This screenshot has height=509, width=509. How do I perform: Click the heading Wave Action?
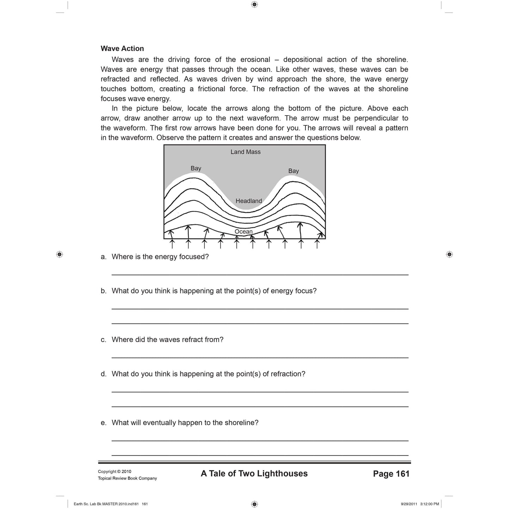click(122, 49)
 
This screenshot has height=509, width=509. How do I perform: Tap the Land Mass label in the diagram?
click(246, 152)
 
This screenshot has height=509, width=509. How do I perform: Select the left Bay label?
click(196, 168)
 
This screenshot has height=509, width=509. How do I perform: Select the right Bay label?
click(293, 171)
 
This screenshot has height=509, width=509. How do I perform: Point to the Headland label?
click(249, 201)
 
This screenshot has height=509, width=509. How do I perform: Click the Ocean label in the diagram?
click(244, 231)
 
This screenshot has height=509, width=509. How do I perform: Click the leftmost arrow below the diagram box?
click(172, 244)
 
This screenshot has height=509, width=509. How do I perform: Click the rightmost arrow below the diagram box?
click(317, 244)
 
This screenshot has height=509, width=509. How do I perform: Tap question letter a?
click(103, 257)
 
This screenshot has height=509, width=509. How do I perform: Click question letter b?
click(103, 291)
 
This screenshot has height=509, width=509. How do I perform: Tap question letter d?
click(103, 374)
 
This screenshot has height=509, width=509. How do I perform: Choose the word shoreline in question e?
click(241, 423)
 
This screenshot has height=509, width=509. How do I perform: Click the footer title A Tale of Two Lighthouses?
click(254, 474)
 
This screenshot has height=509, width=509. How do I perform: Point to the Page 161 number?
click(391, 474)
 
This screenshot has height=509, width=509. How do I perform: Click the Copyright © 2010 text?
click(114, 472)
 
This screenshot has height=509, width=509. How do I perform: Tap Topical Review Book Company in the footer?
click(127, 478)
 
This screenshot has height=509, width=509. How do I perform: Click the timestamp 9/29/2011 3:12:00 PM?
click(420, 504)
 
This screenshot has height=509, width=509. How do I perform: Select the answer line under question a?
click(260, 274)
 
